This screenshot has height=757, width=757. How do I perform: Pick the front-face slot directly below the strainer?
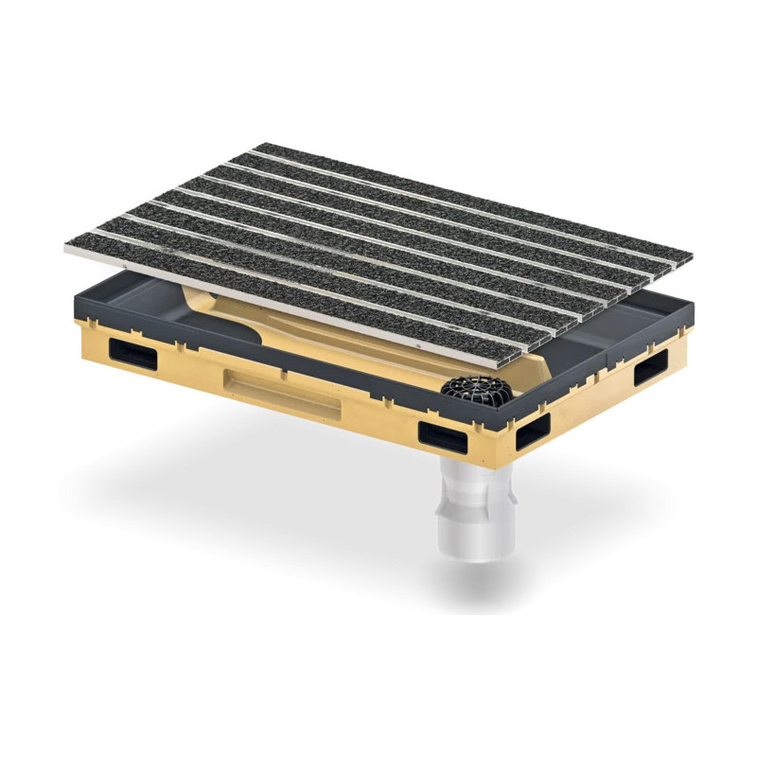click(x=443, y=436)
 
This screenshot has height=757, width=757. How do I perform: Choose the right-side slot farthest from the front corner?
click(x=652, y=367)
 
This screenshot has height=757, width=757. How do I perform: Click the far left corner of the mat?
click(x=66, y=247)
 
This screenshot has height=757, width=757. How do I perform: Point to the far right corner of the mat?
click(x=691, y=257)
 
